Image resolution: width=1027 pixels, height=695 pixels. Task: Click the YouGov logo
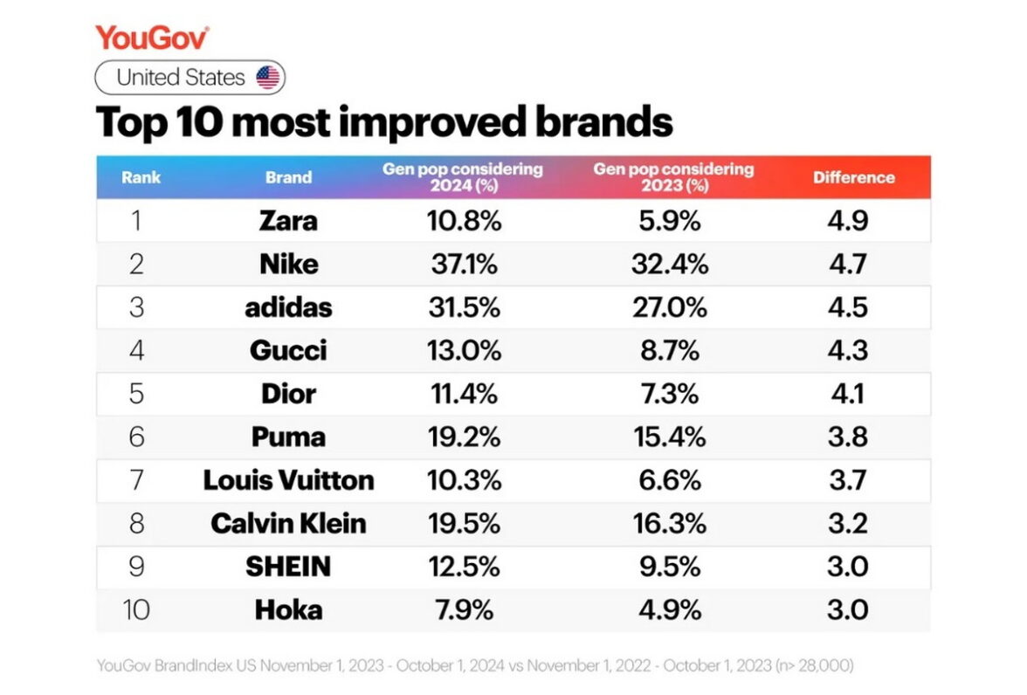point(152,38)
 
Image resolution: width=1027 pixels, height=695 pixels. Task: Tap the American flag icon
point(268,78)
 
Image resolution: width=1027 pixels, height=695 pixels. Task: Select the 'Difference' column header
point(853,177)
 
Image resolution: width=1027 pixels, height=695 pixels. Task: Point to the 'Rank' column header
point(141,177)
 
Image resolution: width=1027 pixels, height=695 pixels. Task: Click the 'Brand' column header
point(288,177)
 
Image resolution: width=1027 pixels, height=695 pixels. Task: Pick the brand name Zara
point(288,221)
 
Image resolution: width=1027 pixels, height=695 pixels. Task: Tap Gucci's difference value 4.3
point(847,351)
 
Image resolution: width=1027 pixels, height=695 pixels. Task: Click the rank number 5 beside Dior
point(136,394)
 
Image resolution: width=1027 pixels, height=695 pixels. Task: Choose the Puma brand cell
point(288,437)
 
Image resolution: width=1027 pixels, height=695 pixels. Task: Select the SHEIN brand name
point(288,567)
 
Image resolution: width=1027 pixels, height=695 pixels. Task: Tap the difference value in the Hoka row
point(847,609)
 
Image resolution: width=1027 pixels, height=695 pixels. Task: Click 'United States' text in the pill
point(181,78)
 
